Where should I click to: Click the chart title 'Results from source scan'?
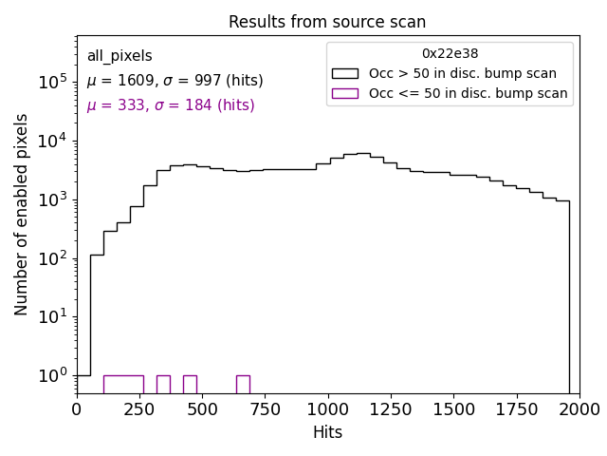(x=327, y=22)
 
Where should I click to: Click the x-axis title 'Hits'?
(x=327, y=432)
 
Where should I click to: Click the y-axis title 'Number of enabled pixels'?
(x=22, y=214)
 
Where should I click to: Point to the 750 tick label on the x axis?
(x=265, y=408)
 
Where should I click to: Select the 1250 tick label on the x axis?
(x=390, y=408)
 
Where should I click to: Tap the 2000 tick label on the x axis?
(x=579, y=408)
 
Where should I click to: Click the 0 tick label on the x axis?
(x=77, y=408)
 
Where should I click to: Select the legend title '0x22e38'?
(x=450, y=54)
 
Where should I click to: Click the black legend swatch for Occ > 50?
(x=345, y=73)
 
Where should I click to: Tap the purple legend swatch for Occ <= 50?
(x=345, y=93)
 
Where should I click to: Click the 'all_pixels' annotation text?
(x=120, y=56)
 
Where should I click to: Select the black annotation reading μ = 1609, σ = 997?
(x=175, y=81)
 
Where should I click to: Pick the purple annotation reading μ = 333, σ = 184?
(x=171, y=105)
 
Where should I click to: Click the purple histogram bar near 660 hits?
(x=243, y=384)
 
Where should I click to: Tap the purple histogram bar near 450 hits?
(x=190, y=384)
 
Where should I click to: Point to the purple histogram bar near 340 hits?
(x=163, y=384)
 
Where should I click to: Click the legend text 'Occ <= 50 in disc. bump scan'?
(x=468, y=93)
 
